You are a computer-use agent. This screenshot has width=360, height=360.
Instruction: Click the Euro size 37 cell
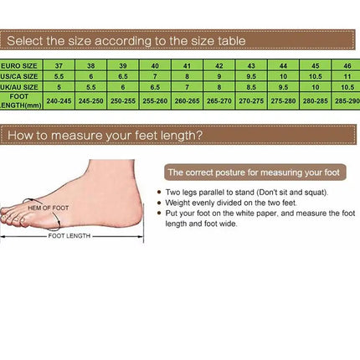[x=59, y=64]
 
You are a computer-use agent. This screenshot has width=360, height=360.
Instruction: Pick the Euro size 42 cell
[x=219, y=64]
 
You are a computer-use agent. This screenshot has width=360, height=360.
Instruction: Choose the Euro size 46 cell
[x=347, y=64]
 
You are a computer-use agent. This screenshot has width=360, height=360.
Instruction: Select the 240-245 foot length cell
[x=59, y=100]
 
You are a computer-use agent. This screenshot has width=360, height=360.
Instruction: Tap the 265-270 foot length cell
[x=219, y=100]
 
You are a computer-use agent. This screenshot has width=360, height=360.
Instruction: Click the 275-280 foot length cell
[x=283, y=100]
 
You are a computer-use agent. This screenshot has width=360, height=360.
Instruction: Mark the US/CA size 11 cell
[x=347, y=75]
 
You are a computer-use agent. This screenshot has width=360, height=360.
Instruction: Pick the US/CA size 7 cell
[x=155, y=75]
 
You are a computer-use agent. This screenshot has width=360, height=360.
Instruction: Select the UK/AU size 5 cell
[x=59, y=86]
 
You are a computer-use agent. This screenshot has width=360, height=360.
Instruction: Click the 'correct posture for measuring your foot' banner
[x=253, y=172]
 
